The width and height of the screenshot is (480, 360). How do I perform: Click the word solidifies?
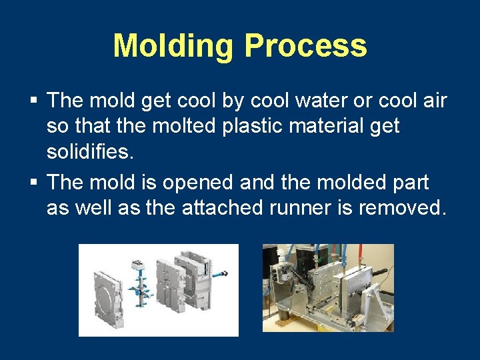coord(90,152)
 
